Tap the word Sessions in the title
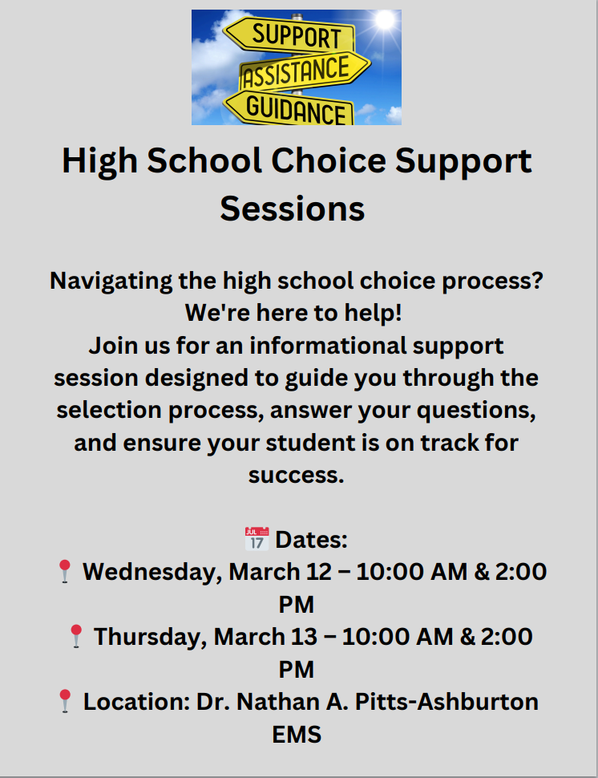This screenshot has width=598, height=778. [x=293, y=209]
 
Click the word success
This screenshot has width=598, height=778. [x=296, y=474]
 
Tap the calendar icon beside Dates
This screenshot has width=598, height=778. [x=256, y=538]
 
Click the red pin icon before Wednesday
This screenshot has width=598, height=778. [x=65, y=572]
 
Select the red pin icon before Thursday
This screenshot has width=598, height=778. [x=76, y=636]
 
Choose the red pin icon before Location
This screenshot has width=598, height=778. [x=66, y=701]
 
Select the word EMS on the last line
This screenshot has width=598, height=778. [x=297, y=733]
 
